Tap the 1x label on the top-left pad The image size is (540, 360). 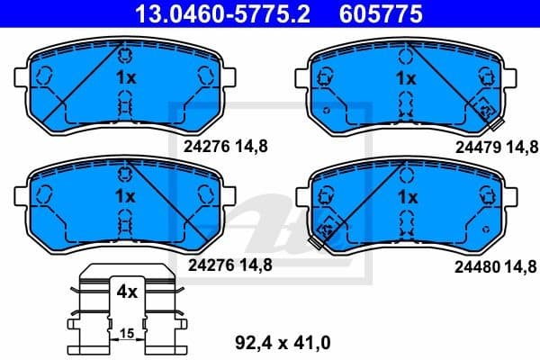126,78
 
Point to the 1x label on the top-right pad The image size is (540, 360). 406,78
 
